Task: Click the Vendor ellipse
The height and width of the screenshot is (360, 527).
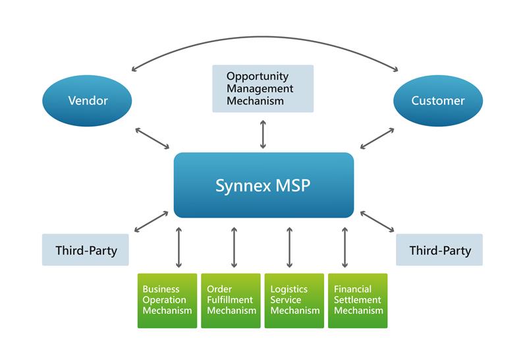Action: (88, 101)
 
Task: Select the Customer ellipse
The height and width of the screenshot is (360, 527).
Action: (438, 101)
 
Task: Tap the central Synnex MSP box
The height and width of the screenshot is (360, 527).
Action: (263, 185)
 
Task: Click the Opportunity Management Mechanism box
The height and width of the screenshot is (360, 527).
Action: (263, 88)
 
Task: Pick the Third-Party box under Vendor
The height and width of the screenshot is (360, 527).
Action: (85, 250)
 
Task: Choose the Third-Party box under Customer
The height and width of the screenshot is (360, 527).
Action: (439, 250)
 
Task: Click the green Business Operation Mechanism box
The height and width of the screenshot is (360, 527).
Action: (167, 300)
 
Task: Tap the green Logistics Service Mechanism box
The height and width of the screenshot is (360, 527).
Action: (294, 300)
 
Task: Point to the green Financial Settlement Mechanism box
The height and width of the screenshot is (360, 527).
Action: (358, 300)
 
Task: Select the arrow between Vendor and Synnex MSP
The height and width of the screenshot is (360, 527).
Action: (152, 136)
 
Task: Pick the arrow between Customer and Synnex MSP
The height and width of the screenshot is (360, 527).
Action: (377, 136)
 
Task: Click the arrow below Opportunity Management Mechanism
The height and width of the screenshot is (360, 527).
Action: (263, 134)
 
